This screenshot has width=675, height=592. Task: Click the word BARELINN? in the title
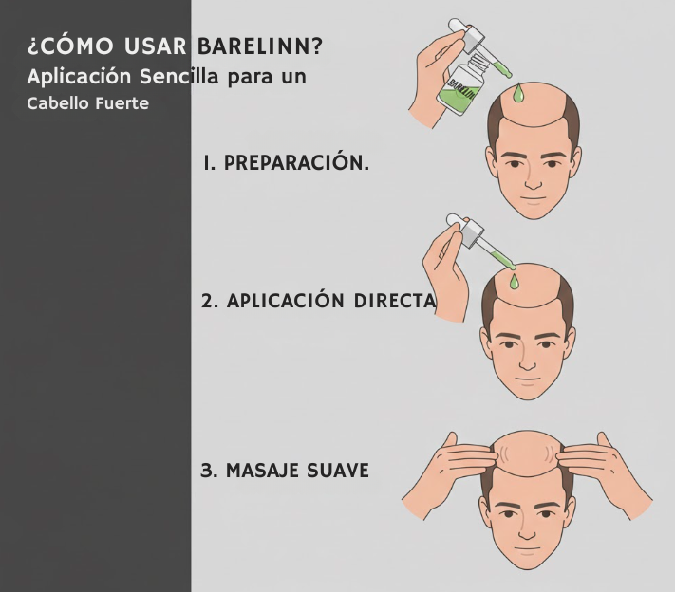tap(260, 46)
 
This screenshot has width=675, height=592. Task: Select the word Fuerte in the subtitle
tap(122, 103)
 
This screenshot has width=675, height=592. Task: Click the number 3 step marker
tap(209, 471)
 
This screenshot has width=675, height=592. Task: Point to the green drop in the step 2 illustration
tap(514, 281)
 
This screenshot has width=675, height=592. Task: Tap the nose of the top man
tap(533, 178)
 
